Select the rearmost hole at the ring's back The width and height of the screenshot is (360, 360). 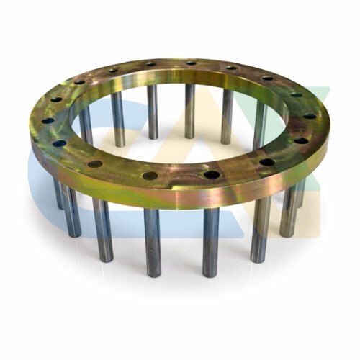pyautogui.click(x=191, y=63)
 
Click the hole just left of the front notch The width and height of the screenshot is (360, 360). pyautogui.click(x=150, y=175)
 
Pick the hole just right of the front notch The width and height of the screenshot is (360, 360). pyautogui.click(x=211, y=174)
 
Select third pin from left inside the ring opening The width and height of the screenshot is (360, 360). pyautogui.click(x=152, y=112)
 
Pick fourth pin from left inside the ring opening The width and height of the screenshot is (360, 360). pyautogui.click(x=190, y=112)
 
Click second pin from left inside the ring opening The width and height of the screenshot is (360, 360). pyautogui.click(x=117, y=119)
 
